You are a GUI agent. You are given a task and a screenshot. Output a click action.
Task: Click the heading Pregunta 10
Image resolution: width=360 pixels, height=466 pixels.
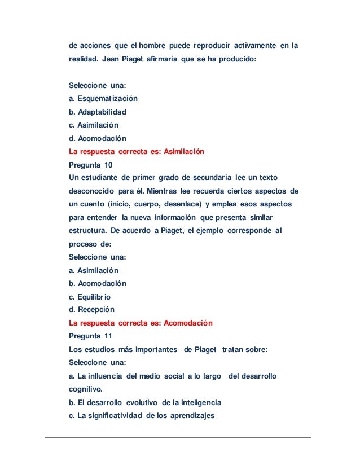click(90, 165)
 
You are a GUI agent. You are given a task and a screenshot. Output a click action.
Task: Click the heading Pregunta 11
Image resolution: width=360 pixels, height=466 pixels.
click(90, 336)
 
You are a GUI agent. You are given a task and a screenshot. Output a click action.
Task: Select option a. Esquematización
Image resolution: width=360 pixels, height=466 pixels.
click(103, 99)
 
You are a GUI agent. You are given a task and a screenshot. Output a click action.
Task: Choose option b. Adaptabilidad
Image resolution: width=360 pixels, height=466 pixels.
click(98, 112)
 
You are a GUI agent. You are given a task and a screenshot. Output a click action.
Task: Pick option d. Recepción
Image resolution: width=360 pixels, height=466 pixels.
click(91, 310)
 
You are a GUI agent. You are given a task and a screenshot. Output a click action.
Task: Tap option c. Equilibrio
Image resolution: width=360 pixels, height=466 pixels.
click(90, 297)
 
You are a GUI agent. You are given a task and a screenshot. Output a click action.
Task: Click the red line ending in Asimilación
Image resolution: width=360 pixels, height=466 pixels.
click(136, 152)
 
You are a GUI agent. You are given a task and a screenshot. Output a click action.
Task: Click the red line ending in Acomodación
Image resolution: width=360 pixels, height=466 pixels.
click(141, 323)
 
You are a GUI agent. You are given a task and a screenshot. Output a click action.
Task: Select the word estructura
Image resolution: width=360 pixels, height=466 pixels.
click(87, 231)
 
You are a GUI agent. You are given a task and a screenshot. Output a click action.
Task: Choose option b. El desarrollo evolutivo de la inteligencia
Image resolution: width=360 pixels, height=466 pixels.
click(145, 402)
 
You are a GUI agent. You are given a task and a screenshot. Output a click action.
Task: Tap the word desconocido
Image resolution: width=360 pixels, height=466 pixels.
click(91, 191)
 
